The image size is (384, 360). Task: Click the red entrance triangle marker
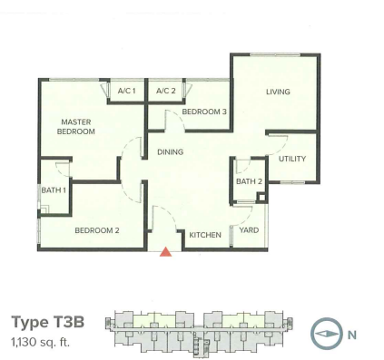(x=165, y=252)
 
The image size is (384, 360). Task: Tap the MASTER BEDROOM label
(x=76, y=127)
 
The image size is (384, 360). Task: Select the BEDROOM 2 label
(x=97, y=230)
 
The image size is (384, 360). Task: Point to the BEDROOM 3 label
(x=204, y=112)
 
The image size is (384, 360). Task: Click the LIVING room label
(x=278, y=92)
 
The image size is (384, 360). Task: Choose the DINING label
(x=171, y=152)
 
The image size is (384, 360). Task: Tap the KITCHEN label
(x=205, y=235)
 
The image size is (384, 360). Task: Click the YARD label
(x=249, y=230)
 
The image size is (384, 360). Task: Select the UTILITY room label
(x=292, y=159)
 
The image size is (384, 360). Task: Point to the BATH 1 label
(x=54, y=190)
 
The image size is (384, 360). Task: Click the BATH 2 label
(x=249, y=181)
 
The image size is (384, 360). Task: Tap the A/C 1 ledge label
(x=126, y=91)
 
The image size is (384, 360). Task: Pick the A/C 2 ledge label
(x=166, y=91)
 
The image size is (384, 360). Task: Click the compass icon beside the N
(x=327, y=334)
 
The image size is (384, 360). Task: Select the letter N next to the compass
(x=352, y=335)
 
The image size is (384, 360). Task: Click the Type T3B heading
(x=48, y=322)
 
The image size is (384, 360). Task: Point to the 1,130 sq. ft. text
(x=41, y=343)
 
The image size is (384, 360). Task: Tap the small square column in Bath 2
(x=261, y=198)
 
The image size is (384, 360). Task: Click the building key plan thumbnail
(x=199, y=332)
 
